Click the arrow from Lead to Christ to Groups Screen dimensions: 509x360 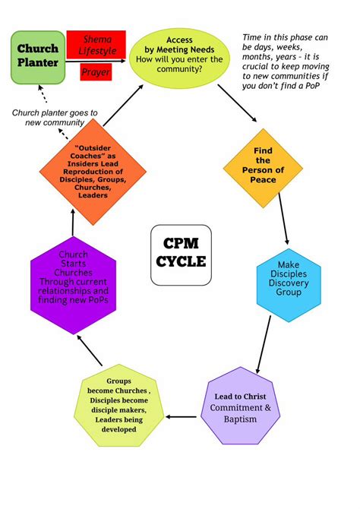(182, 416)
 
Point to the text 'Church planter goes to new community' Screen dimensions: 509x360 (54, 118)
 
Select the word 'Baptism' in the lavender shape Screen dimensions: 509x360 (241, 419)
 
